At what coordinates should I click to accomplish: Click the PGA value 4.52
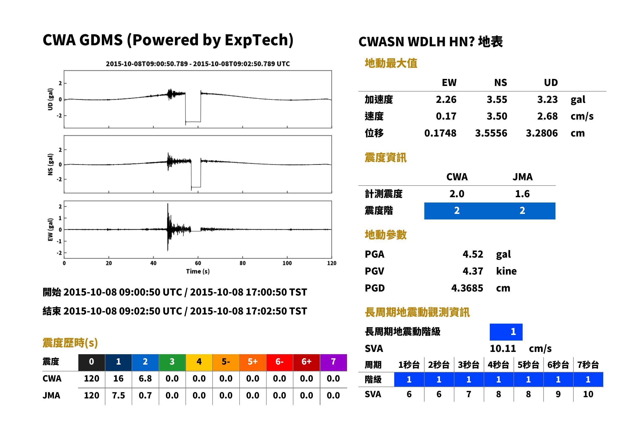point(473,254)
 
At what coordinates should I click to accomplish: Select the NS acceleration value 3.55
point(497,99)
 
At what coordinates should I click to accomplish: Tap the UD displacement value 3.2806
point(542,133)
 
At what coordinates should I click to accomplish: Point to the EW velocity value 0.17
point(446,116)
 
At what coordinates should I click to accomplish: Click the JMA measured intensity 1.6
point(522,194)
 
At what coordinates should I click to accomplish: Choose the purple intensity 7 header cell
point(333,362)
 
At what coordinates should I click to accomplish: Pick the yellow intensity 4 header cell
point(199,362)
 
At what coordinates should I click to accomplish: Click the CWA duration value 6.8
point(145,378)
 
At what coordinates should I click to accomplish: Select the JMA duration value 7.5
point(118,395)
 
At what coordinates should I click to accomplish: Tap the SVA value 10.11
point(503,348)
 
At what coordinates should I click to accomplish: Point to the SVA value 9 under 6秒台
point(558,394)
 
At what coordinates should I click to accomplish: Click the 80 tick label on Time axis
point(242,263)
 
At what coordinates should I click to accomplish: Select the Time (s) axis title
point(198,271)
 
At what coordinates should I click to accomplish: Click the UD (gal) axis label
point(50,99)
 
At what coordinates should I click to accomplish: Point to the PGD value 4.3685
point(467,288)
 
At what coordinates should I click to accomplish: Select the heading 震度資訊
point(385,158)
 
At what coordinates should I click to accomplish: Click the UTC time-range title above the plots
point(198,64)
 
